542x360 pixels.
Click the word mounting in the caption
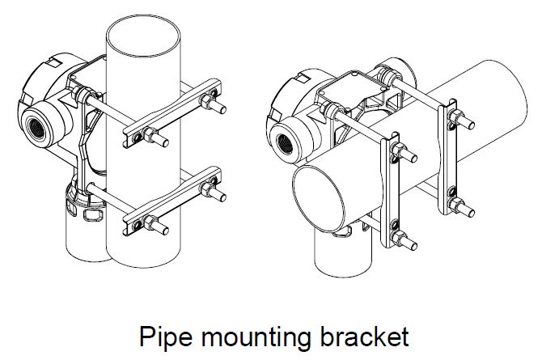[x=256, y=337]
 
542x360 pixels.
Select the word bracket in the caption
[x=364, y=336]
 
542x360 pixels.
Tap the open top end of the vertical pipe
[x=142, y=36]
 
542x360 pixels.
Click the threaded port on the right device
[x=285, y=144]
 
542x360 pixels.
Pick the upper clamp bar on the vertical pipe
[x=172, y=113]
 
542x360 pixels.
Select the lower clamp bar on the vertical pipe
[x=172, y=201]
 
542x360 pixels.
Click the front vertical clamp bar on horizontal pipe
[x=390, y=190]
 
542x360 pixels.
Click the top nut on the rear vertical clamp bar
[x=455, y=116]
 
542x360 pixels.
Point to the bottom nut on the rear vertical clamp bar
[x=455, y=205]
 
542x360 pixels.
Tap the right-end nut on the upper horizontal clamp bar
[x=206, y=100]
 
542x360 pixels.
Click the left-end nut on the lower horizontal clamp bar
[x=150, y=222]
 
